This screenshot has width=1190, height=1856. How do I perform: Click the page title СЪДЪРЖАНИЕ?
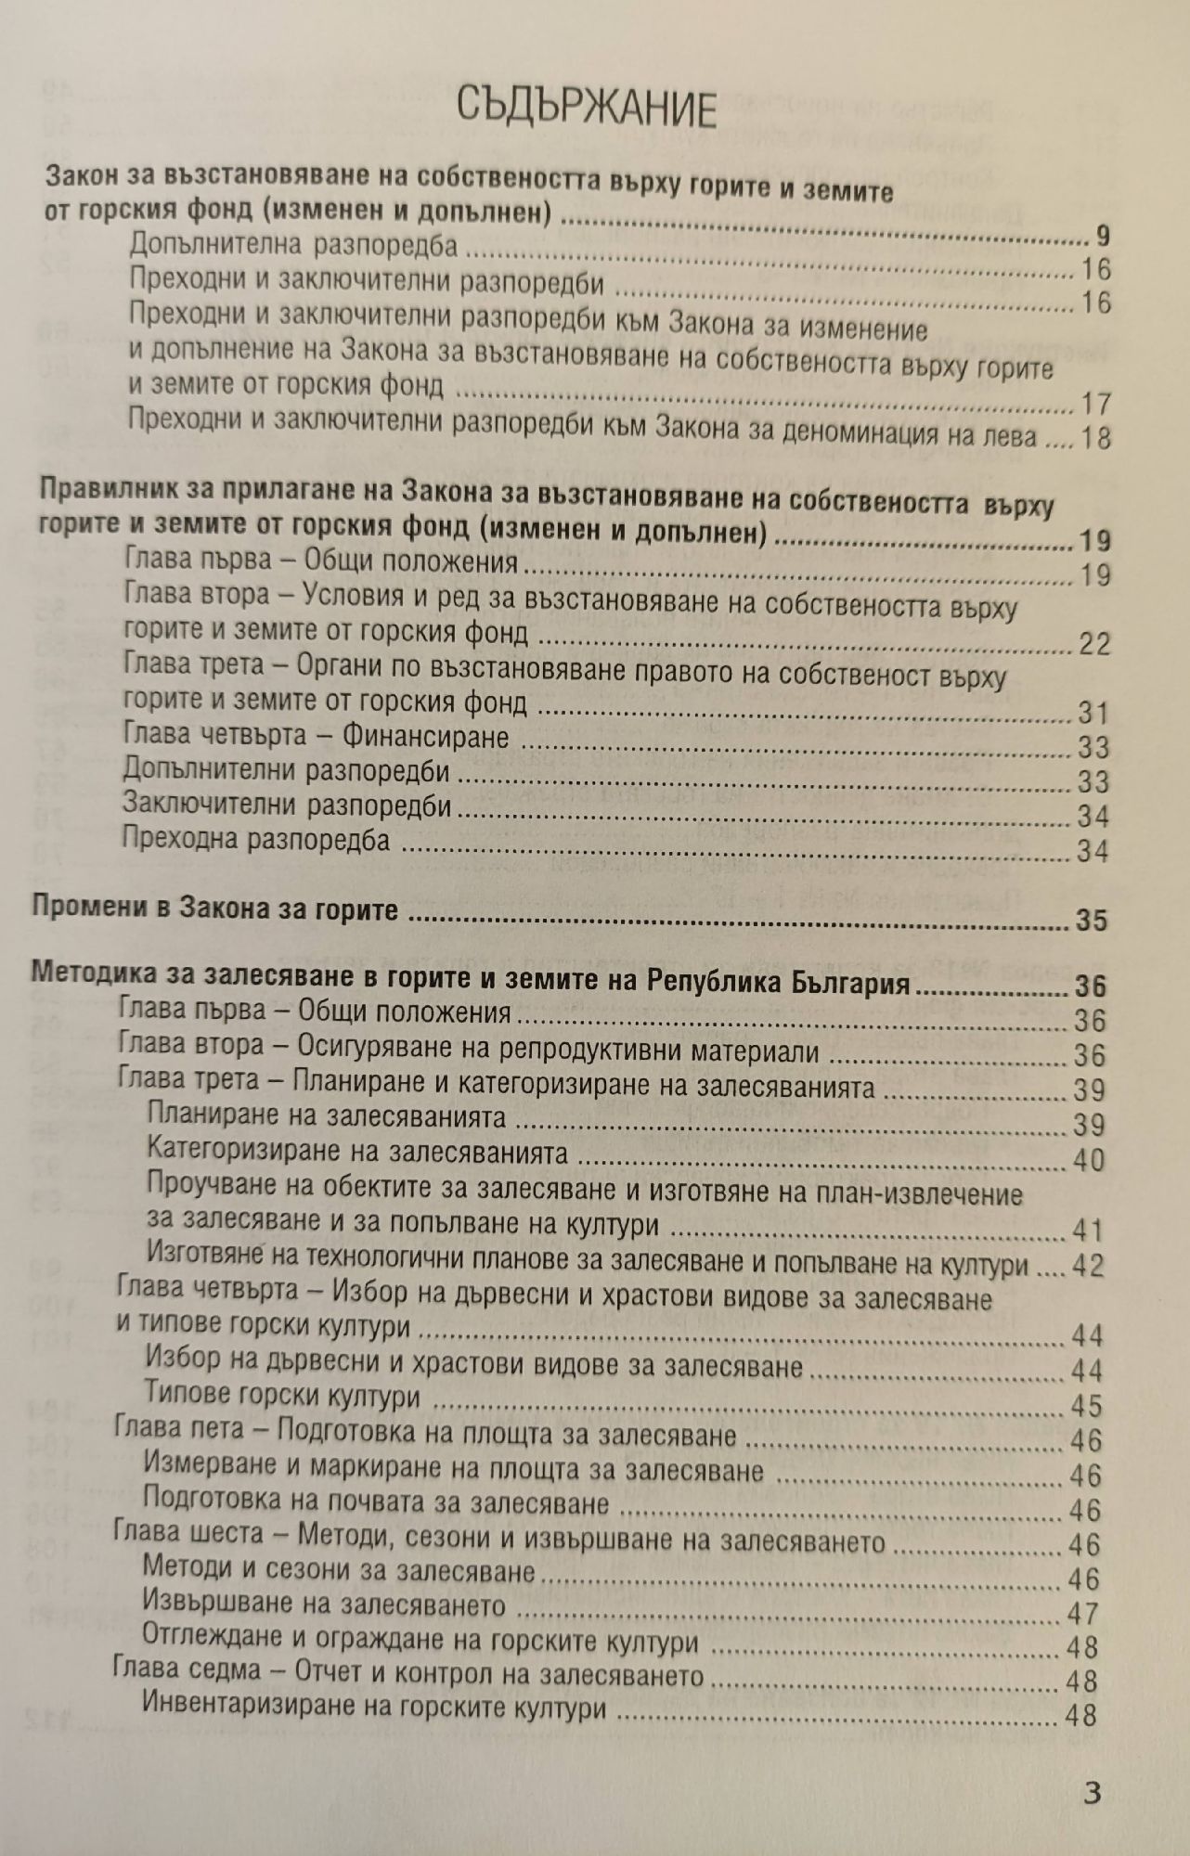click(x=587, y=110)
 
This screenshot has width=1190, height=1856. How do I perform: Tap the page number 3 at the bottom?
click(x=1093, y=1790)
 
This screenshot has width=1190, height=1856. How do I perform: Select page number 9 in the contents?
click(x=1101, y=236)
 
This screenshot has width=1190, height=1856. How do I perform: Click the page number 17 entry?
click(x=1095, y=404)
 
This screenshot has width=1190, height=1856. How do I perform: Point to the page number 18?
click(x=1095, y=437)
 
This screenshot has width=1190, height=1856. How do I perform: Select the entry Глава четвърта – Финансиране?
click(x=316, y=737)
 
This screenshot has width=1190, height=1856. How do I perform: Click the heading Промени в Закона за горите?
click(x=215, y=908)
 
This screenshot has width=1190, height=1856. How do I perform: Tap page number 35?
click(x=1092, y=920)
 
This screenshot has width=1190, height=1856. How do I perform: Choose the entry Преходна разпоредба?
click(x=255, y=841)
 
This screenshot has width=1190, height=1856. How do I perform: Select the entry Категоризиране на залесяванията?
click(x=357, y=1154)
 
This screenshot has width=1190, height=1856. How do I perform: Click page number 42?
click(x=1088, y=1266)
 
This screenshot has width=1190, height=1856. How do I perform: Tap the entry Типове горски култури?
click(x=283, y=1397)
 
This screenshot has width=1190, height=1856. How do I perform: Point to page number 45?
click(x=1086, y=1405)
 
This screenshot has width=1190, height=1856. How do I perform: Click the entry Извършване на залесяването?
click(x=325, y=1605)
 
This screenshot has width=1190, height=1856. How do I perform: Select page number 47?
click(x=1083, y=1614)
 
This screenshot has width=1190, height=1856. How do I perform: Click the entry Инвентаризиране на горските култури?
click(x=375, y=1708)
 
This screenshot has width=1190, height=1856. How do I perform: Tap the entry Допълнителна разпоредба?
click(x=293, y=245)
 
